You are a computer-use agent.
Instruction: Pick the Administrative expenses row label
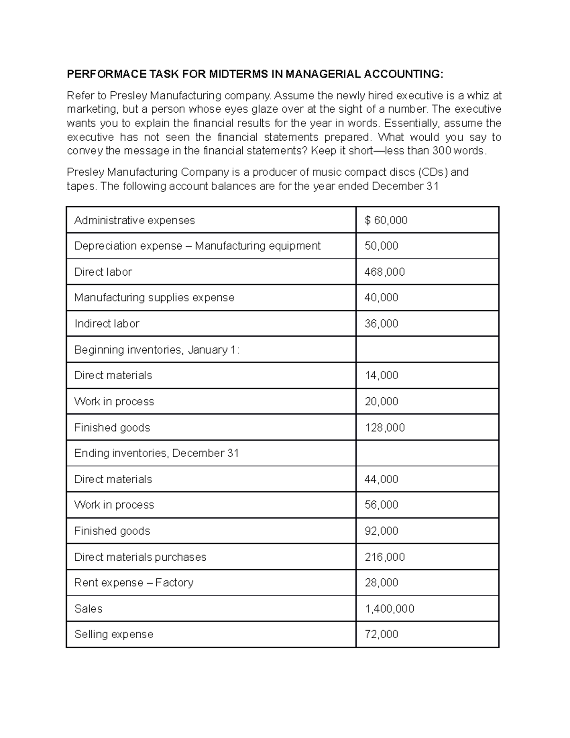[134, 220]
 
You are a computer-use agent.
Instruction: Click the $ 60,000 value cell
[386, 220]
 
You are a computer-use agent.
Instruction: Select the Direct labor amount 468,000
[384, 272]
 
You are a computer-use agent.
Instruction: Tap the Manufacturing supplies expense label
[154, 298]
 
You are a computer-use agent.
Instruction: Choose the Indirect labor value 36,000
[381, 324]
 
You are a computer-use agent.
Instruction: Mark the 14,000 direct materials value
[381, 376]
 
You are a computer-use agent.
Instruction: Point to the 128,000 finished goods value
[384, 428]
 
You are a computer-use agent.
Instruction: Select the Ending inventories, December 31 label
[156, 453]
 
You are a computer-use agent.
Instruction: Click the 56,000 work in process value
[381, 505]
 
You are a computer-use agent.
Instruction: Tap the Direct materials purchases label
[140, 557]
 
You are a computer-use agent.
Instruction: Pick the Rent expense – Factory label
[133, 583]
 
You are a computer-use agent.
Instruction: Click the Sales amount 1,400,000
[389, 609]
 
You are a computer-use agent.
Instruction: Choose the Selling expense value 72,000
[381, 635]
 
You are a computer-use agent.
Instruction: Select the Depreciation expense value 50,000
[381, 246]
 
